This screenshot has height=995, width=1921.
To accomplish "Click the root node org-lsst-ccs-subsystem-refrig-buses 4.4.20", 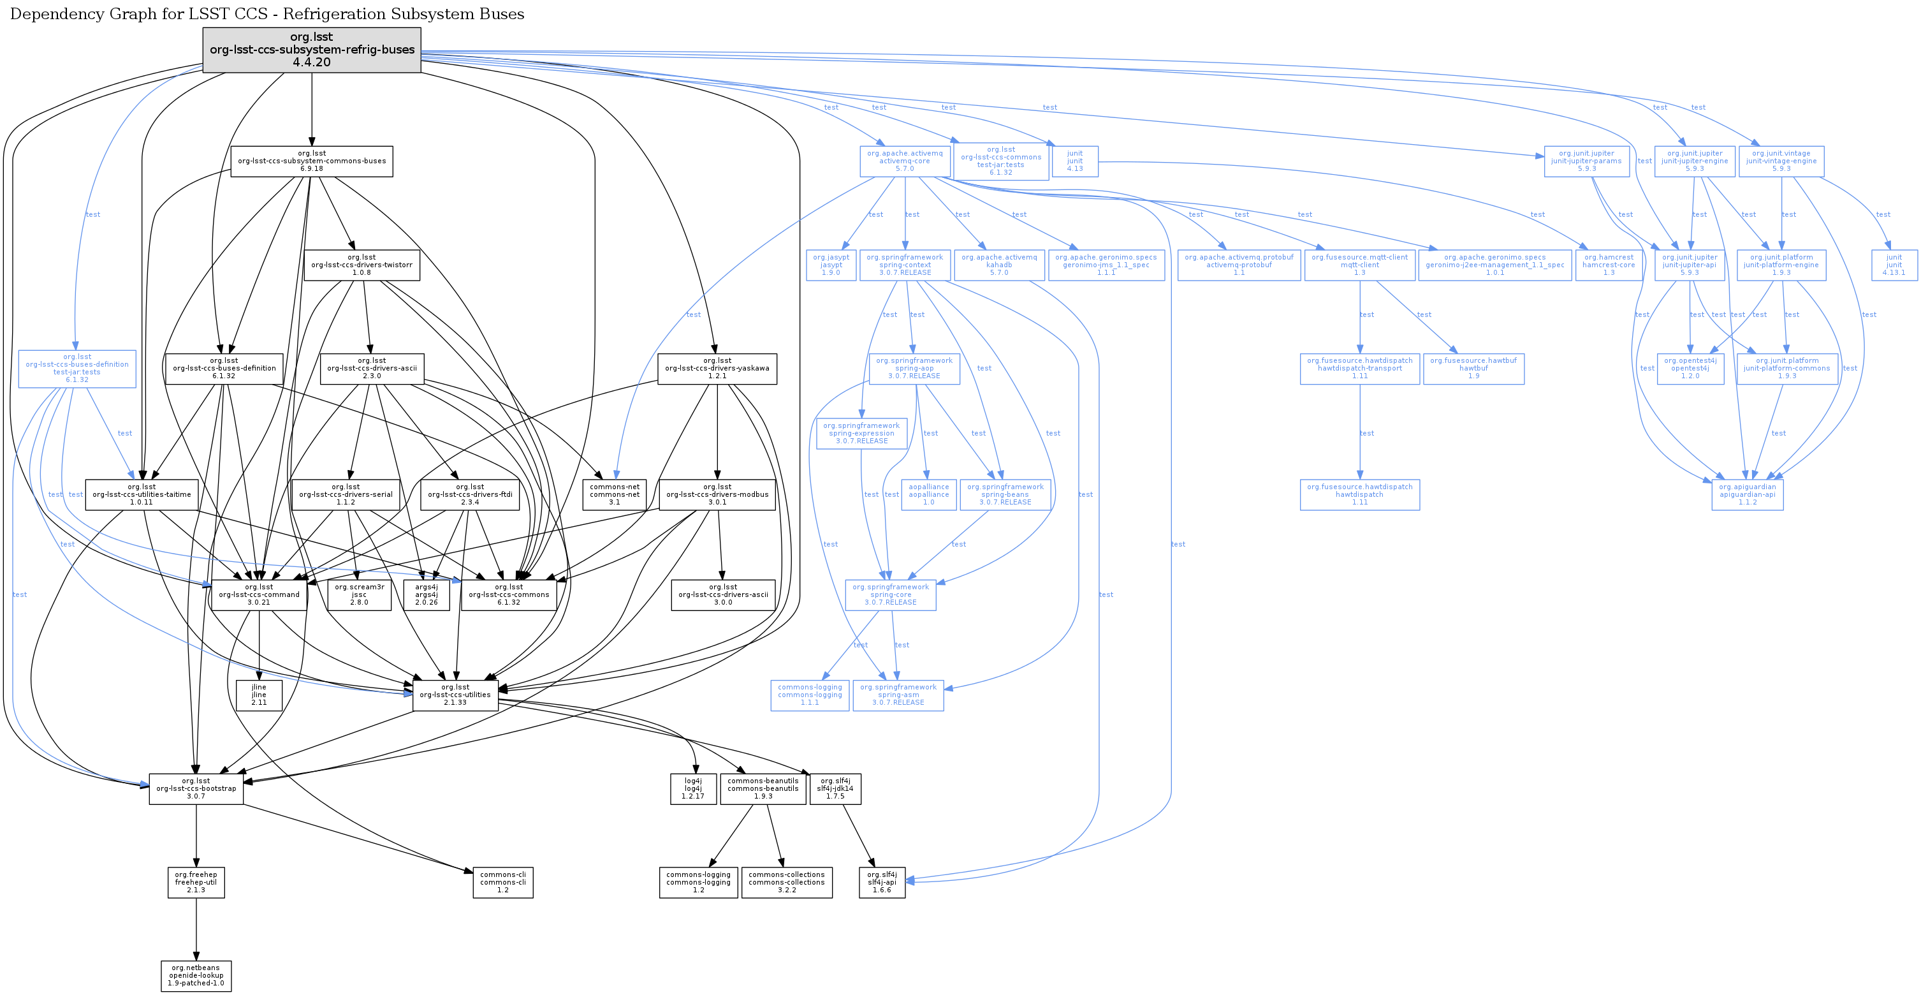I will click(x=312, y=50).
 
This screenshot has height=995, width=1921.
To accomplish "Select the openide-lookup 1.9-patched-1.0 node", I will click(x=196, y=976).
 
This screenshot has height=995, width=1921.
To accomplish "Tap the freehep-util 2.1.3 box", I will click(x=196, y=882).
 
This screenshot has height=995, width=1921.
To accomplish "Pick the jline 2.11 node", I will click(x=259, y=695).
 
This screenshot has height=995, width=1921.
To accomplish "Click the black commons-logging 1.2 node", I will click(x=698, y=882).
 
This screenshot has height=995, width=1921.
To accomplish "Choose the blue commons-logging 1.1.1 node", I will click(x=810, y=695).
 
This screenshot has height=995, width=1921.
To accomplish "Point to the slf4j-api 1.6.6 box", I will click(x=882, y=882).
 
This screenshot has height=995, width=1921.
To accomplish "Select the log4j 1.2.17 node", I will click(x=693, y=788).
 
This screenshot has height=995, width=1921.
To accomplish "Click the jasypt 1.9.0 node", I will click(x=831, y=265).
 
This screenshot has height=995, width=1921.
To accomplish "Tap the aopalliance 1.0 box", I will click(x=928, y=494).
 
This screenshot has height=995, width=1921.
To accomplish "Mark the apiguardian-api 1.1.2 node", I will click(x=1747, y=494).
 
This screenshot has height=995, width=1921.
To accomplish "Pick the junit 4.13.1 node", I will click(x=1894, y=265).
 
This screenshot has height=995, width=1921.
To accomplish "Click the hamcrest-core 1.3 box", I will click(x=1609, y=265).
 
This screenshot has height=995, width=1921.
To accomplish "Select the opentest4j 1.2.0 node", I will click(x=1690, y=369).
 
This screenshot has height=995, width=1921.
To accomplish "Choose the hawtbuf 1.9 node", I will click(x=1473, y=369).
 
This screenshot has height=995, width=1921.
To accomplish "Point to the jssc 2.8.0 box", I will click(x=360, y=594).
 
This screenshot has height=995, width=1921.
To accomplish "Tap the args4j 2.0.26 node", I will click(x=427, y=594).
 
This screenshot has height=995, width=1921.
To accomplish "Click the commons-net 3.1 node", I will click(x=615, y=494).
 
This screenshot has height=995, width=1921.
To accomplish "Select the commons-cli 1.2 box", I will click(x=504, y=882).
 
